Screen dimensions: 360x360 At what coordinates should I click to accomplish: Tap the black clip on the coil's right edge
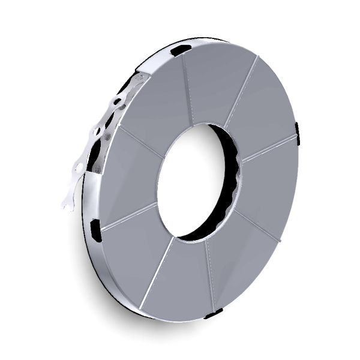(x=297, y=133)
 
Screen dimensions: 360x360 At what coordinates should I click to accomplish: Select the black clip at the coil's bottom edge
(x=214, y=313)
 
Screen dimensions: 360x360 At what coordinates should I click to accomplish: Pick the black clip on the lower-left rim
(x=95, y=230)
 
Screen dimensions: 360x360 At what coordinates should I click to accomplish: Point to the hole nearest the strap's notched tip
(x=79, y=169)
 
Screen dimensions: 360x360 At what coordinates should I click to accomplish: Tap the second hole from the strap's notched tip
(x=97, y=131)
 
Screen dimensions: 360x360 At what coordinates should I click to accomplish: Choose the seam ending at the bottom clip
(x=210, y=276)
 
